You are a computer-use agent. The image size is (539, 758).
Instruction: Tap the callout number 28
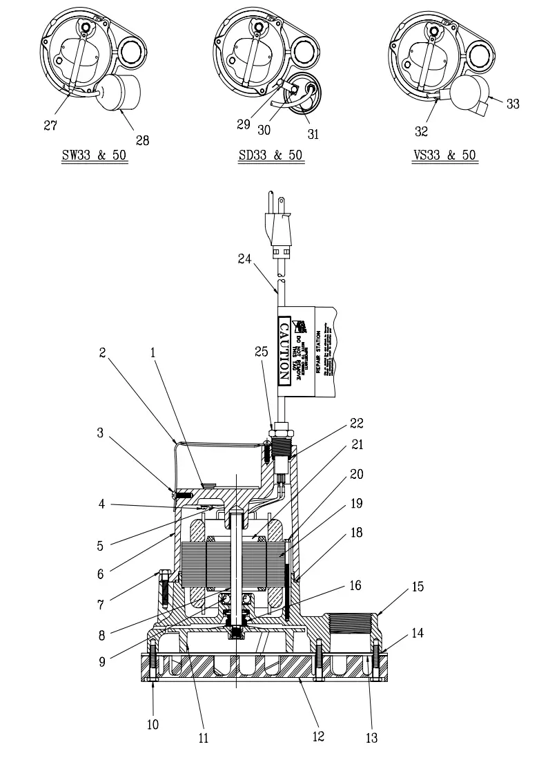pyautogui.click(x=142, y=140)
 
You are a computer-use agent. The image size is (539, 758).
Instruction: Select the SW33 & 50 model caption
pyautogui.click(x=95, y=155)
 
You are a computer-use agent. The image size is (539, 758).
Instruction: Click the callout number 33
pyautogui.click(x=512, y=103)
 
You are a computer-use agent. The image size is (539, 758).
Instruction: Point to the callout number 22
pyautogui.click(x=356, y=422)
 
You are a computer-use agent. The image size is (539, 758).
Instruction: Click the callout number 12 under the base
pyautogui.click(x=318, y=737)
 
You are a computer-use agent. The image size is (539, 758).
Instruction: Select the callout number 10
pyautogui.click(x=153, y=724)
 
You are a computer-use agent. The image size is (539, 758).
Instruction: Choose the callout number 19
pyautogui.click(x=356, y=504)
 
